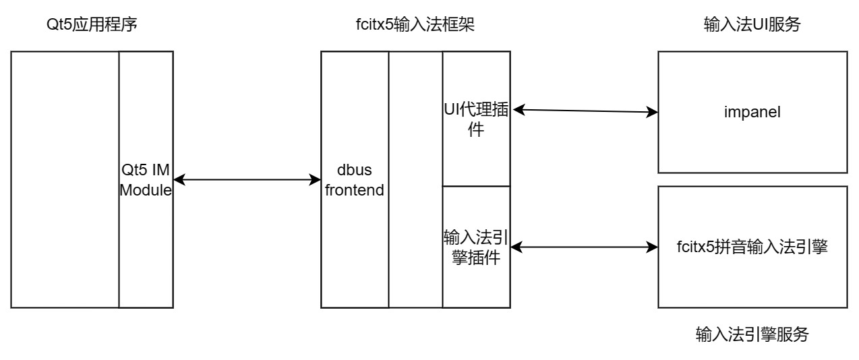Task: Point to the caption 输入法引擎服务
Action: coord(752,333)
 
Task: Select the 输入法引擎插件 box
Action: coord(475,247)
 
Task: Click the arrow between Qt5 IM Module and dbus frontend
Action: coord(247,179)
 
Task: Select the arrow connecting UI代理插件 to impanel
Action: coord(584,110)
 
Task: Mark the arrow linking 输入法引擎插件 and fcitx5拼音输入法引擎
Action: coord(584,247)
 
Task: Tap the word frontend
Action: coord(355,190)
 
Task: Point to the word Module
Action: coord(146,191)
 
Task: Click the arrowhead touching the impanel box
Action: coord(653,111)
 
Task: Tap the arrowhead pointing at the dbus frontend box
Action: coord(316,179)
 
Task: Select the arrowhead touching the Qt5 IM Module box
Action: coord(178,179)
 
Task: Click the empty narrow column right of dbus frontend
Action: coord(415,179)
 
